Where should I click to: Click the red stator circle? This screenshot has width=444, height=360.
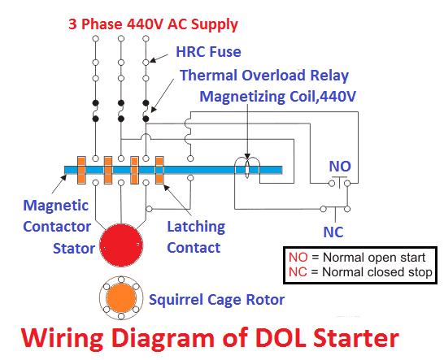[x=121, y=245]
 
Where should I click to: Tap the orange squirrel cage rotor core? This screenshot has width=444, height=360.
[x=121, y=297]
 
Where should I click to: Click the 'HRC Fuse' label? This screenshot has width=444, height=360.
[x=208, y=52]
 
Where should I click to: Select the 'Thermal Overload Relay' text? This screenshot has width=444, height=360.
[x=264, y=76]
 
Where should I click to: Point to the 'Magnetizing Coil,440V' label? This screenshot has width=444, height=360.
[x=278, y=97]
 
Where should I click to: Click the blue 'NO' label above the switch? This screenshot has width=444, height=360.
[x=340, y=166]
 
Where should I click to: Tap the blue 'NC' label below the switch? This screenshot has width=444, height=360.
[x=333, y=232]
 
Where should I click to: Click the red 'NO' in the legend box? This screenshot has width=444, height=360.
[x=298, y=258]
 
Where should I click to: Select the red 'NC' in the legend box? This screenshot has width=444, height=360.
[x=298, y=272]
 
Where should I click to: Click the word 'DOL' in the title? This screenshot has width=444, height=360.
[x=279, y=338]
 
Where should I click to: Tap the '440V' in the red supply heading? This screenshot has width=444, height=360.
[x=145, y=24]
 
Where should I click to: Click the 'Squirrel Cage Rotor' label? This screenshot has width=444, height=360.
[x=216, y=300]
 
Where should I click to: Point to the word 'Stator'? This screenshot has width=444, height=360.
[x=74, y=249]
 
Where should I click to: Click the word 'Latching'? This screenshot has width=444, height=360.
[x=196, y=228]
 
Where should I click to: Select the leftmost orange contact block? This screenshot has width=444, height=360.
[x=81, y=170]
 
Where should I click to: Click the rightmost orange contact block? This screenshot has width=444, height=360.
[x=159, y=170]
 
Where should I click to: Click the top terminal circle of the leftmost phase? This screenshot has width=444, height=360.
[x=96, y=38]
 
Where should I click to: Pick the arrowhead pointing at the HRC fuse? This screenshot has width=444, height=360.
[x=153, y=60]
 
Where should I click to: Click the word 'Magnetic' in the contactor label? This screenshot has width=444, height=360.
[x=56, y=205]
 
